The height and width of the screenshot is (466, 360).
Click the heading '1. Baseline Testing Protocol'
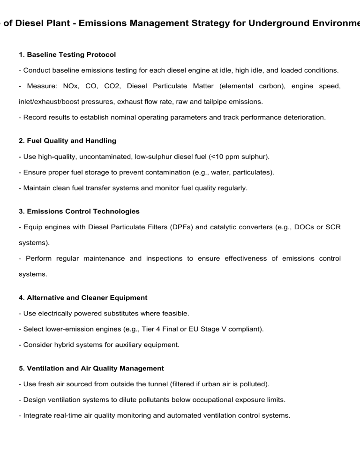[67, 55]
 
